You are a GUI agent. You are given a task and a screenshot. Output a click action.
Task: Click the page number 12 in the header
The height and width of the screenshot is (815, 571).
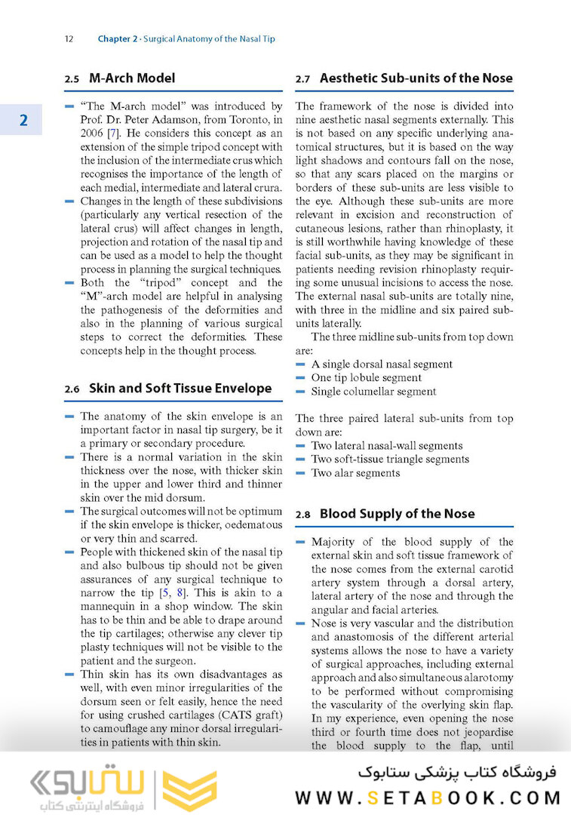pos(69,38)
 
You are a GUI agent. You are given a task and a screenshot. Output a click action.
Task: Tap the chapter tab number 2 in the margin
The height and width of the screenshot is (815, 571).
pos(23,120)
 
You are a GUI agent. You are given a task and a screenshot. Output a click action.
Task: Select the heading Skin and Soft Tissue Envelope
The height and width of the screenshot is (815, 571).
pos(180,388)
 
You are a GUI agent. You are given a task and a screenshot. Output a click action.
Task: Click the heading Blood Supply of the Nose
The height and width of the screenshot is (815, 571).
pos(397,513)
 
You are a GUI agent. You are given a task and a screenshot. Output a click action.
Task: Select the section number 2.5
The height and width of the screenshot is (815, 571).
pos(72,78)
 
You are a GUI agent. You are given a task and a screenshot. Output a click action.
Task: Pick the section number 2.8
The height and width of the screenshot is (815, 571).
pos(302,514)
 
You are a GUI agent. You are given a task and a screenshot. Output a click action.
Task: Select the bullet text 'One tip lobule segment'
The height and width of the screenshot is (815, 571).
pos(366,377)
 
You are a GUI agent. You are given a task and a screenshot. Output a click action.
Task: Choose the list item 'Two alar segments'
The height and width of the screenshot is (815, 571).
pos(355,472)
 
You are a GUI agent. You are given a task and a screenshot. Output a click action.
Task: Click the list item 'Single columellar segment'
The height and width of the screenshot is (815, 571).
pos(373,391)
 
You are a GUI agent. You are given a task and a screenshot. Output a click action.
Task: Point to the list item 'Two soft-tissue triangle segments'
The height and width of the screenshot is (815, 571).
pos(389,459)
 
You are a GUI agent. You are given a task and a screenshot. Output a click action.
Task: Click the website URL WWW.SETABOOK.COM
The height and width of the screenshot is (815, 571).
pos(428,798)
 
